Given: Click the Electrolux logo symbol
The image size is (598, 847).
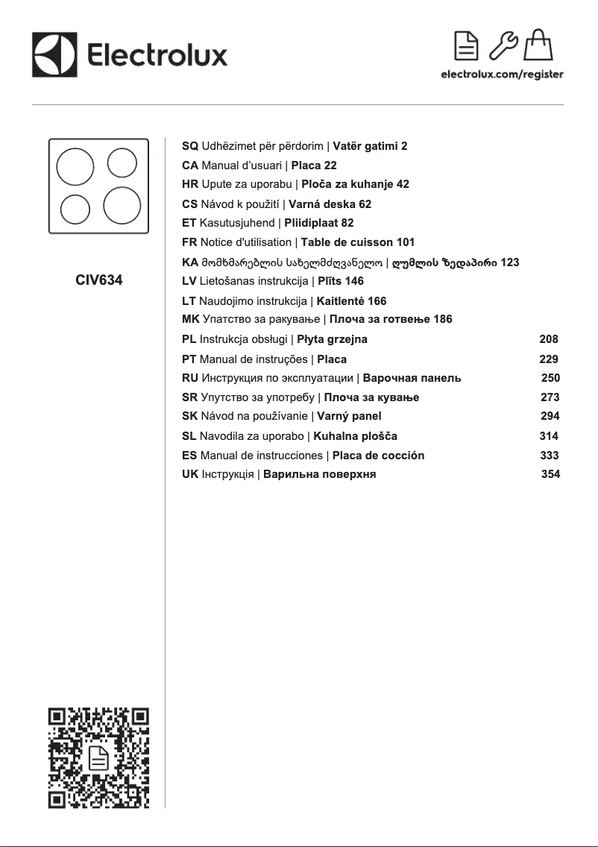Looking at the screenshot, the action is pyautogui.click(x=55, y=54).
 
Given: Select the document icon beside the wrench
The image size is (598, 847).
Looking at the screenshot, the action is pyautogui.click(x=468, y=47).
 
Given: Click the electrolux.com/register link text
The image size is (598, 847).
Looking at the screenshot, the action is pyautogui.click(x=502, y=75).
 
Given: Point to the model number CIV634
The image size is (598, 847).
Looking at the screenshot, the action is pyautogui.click(x=99, y=281).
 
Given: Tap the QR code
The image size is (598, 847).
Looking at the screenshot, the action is pyautogui.click(x=99, y=758).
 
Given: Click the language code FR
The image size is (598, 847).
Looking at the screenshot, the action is pyautogui.click(x=189, y=242).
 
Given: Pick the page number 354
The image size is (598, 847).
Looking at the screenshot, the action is pyautogui.click(x=550, y=474).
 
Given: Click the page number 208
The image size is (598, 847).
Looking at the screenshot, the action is pyautogui.click(x=548, y=339).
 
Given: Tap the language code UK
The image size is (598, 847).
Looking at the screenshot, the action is pyautogui.click(x=190, y=474).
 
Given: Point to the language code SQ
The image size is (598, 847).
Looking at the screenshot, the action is pyautogui.click(x=190, y=146).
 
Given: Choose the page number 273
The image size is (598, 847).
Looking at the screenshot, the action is pyautogui.click(x=550, y=397).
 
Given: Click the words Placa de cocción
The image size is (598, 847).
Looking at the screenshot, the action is pyautogui.click(x=378, y=455).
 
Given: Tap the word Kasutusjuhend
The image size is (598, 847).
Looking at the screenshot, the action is pyautogui.click(x=237, y=223).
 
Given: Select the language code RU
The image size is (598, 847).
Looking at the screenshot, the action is pyautogui.click(x=190, y=378).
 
